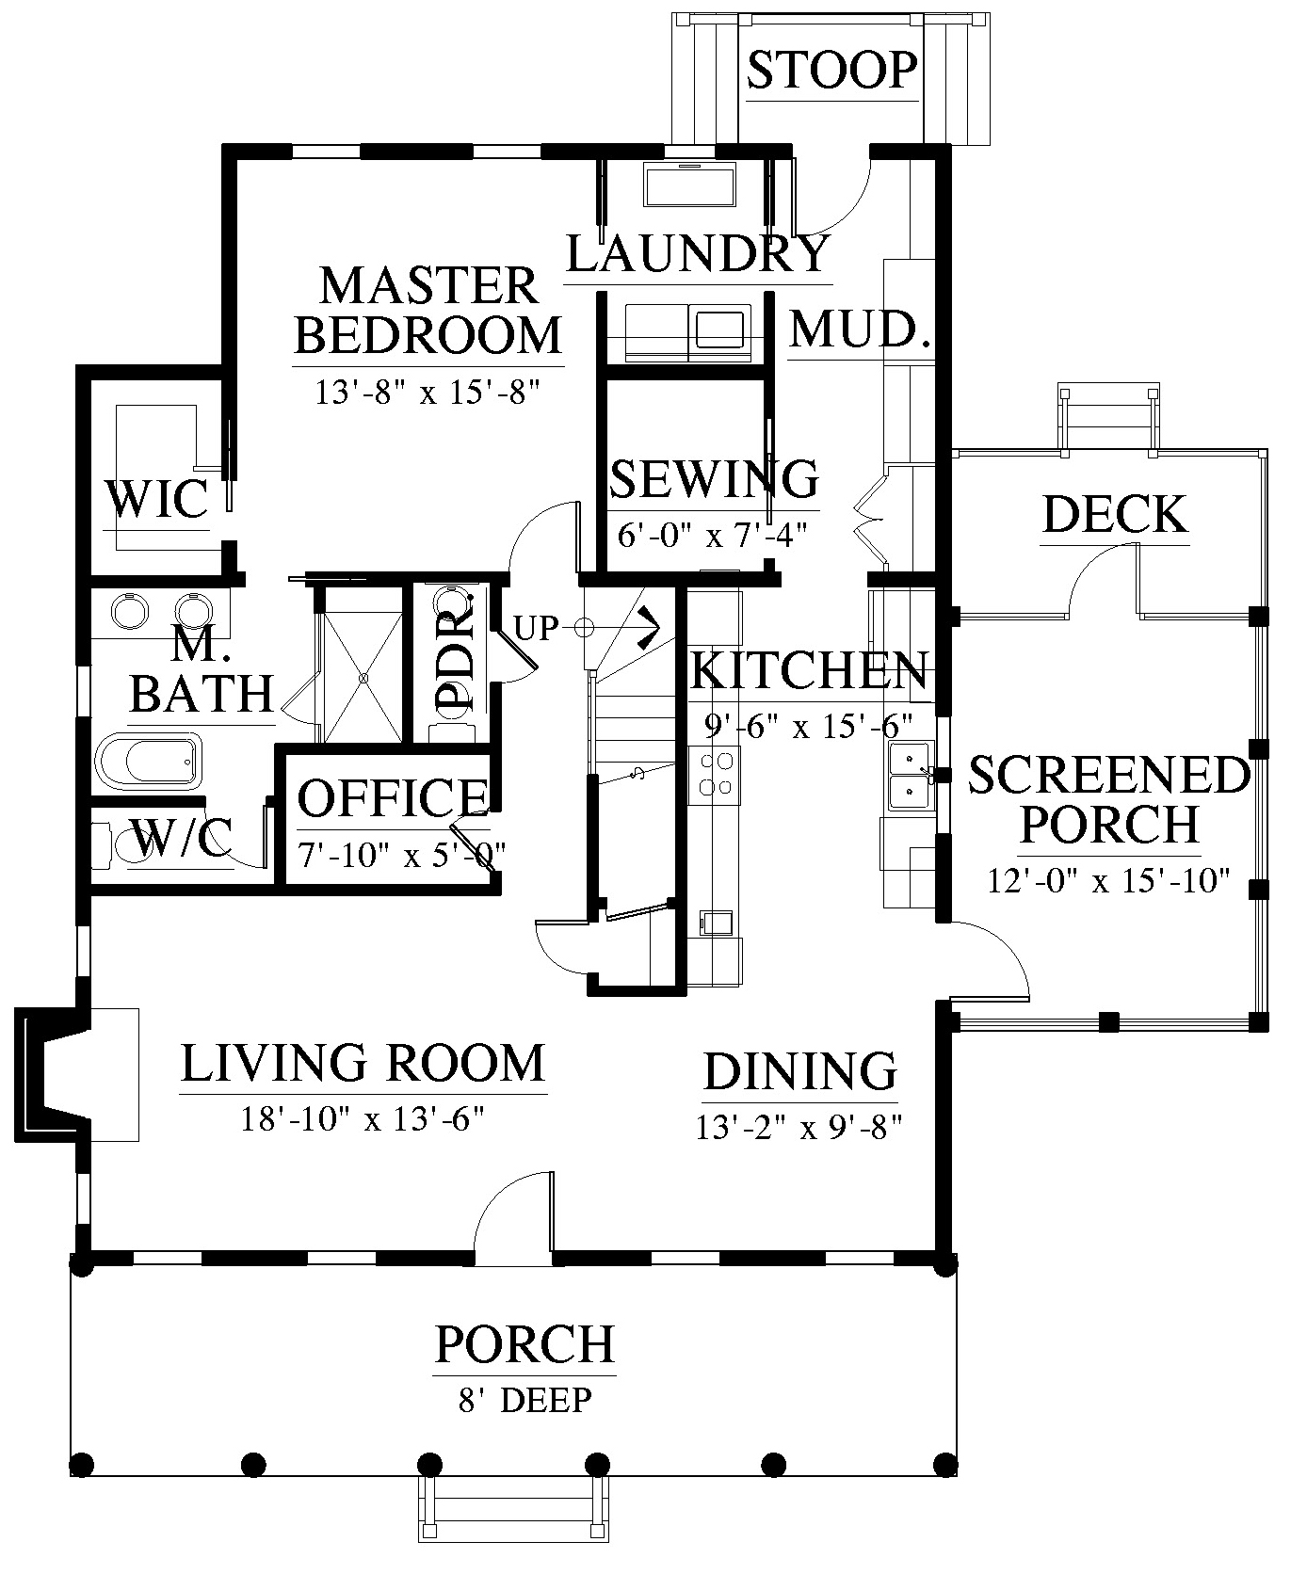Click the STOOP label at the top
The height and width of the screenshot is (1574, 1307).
point(831,70)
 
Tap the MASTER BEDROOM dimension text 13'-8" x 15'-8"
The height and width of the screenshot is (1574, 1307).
point(429,392)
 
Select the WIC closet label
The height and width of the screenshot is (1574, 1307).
point(156,498)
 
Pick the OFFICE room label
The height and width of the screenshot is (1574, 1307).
point(393,797)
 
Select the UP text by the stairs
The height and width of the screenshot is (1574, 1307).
point(537,627)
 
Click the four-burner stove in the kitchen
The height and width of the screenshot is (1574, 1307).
point(714,774)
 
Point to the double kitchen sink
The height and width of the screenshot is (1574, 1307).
point(910,776)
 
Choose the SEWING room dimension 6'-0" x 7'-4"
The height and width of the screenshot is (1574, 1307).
point(713,536)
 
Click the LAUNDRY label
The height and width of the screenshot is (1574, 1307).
point(698,252)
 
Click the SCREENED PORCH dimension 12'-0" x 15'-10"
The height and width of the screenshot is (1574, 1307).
point(1109,881)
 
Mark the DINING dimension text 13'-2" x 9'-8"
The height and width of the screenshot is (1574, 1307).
point(799,1127)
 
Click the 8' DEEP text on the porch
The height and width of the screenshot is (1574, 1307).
point(525,1400)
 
